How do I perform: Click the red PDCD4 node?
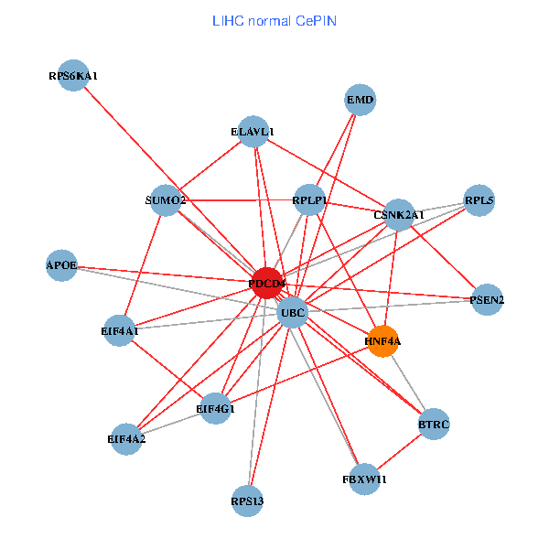[266, 283]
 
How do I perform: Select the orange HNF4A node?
[382, 340]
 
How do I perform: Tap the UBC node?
[293, 313]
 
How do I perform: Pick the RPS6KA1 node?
[73, 76]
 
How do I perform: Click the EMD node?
[361, 100]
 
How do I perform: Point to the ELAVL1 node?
[253, 132]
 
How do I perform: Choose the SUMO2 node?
[166, 200]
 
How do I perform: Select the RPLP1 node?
[310, 200]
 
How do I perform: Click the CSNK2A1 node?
[399, 215]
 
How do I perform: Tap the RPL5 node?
[479, 200]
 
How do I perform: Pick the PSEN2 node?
[487, 299]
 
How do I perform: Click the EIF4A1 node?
[120, 330]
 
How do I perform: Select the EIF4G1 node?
[216, 408]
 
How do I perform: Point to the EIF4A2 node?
[126, 439]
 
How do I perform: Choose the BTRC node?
[434, 425]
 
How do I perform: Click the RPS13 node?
[248, 501]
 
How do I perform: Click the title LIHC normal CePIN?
[274, 20]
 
